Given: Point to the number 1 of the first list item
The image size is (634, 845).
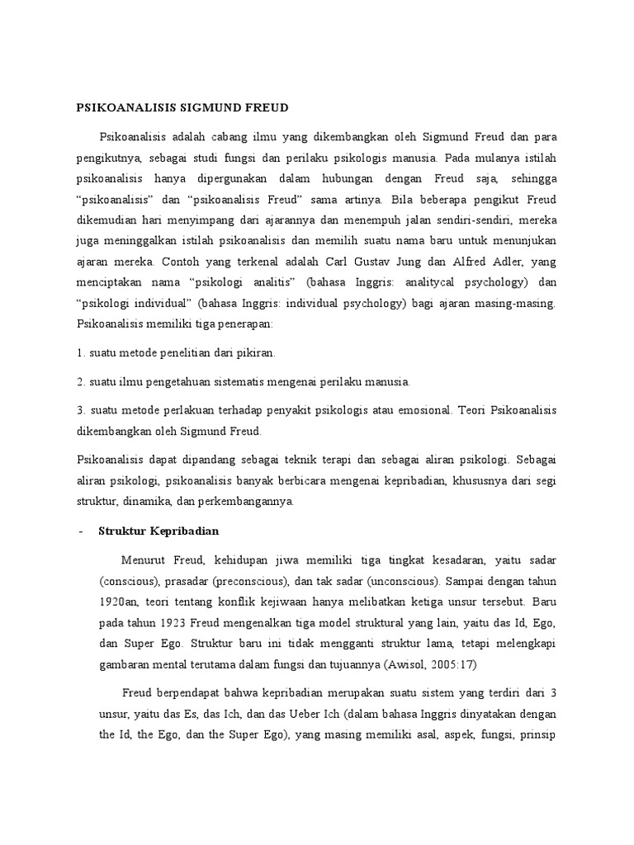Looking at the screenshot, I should (79, 353).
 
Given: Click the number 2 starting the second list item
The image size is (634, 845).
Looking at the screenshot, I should (79, 381).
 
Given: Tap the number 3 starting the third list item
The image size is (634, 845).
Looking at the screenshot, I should (79, 409).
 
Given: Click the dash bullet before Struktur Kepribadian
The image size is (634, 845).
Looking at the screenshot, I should (80, 531).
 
